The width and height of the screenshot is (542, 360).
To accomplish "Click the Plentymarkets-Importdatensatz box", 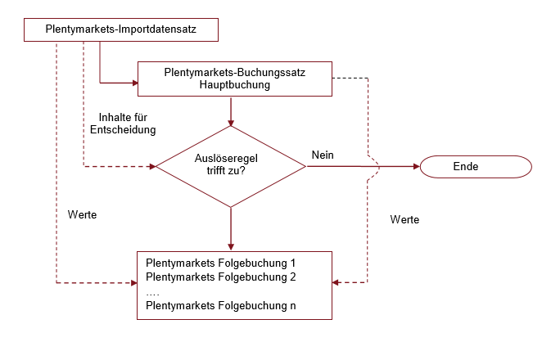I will click(x=120, y=30).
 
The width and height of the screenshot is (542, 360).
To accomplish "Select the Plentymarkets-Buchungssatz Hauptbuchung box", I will click(x=234, y=79).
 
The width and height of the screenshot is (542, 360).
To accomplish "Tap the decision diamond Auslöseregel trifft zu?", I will click(x=231, y=167).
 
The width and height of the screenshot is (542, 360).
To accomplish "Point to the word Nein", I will click(x=323, y=155).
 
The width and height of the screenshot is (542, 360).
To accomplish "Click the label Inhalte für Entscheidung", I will click(x=123, y=123).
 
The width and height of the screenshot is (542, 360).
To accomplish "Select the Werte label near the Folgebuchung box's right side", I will click(x=404, y=220).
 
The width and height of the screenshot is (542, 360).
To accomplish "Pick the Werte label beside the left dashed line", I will click(x=82, y=214).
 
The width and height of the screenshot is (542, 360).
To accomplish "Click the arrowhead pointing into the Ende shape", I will click(x=415, y=167).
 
